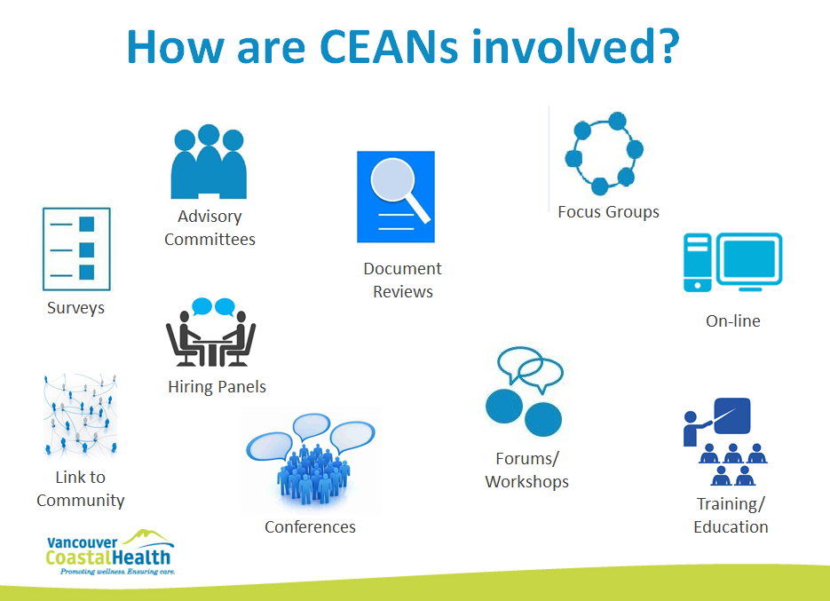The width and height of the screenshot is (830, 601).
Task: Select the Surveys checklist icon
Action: pos(76,249)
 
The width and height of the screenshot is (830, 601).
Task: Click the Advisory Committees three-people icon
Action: pos(209,162)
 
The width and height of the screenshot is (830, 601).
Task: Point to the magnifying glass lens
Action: pos(392,179)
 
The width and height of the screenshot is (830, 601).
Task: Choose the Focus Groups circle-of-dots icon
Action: pos(604,154)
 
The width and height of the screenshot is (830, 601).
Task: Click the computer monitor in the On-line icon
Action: pos(749,260)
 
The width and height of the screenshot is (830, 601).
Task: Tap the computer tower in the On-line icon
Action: pos(697,263)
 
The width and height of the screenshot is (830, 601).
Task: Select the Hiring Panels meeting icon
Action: pos(210,332)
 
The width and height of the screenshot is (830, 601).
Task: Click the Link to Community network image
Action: pos(80,416)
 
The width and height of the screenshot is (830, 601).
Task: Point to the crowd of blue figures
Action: pos(312,474)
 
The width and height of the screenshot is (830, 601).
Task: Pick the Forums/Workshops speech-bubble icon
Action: pos(524,391)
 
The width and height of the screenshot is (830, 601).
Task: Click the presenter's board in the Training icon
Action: pos(732,415)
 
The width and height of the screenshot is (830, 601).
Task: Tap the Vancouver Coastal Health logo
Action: pos(110,552)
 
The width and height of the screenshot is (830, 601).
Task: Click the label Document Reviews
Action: pos(402,281)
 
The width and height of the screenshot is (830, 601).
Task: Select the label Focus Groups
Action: pos(608,212)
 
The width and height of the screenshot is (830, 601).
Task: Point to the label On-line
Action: pos(733,320)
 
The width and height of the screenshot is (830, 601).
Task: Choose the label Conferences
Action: pos(310,526)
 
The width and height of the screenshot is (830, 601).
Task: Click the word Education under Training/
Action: pos(731,526)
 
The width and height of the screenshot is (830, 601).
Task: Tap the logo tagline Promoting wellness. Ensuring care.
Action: pos(117,572)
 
